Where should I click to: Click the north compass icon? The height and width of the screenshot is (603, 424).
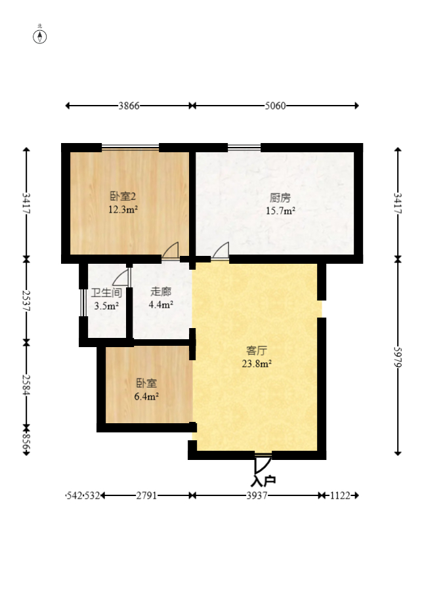pos(40,35)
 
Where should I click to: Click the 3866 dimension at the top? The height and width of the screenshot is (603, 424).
pos(129,106)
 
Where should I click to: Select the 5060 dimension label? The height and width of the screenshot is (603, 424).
pos(275,106)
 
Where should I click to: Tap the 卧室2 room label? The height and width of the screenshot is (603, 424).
pos(123,196)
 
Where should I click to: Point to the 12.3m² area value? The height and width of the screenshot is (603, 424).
pos(123,210)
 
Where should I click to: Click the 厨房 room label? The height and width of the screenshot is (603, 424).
pos(280,197)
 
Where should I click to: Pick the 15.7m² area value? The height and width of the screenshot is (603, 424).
pos(280,211)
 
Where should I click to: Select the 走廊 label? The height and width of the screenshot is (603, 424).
pos(161,292)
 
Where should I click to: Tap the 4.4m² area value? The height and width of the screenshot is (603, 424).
pos(161,304)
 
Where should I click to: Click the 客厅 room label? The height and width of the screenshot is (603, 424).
pos(257,350)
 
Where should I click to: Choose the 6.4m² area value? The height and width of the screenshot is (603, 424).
pos(146,396)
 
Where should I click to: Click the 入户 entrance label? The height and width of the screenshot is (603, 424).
pos(263,480)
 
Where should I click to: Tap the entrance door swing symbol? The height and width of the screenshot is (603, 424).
pos(263,463)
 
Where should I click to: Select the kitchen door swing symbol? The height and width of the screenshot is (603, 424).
pos(221,251)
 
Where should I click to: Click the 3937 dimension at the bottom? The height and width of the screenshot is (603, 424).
pos(257,496)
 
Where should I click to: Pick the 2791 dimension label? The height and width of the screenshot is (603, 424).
pos(146,496)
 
